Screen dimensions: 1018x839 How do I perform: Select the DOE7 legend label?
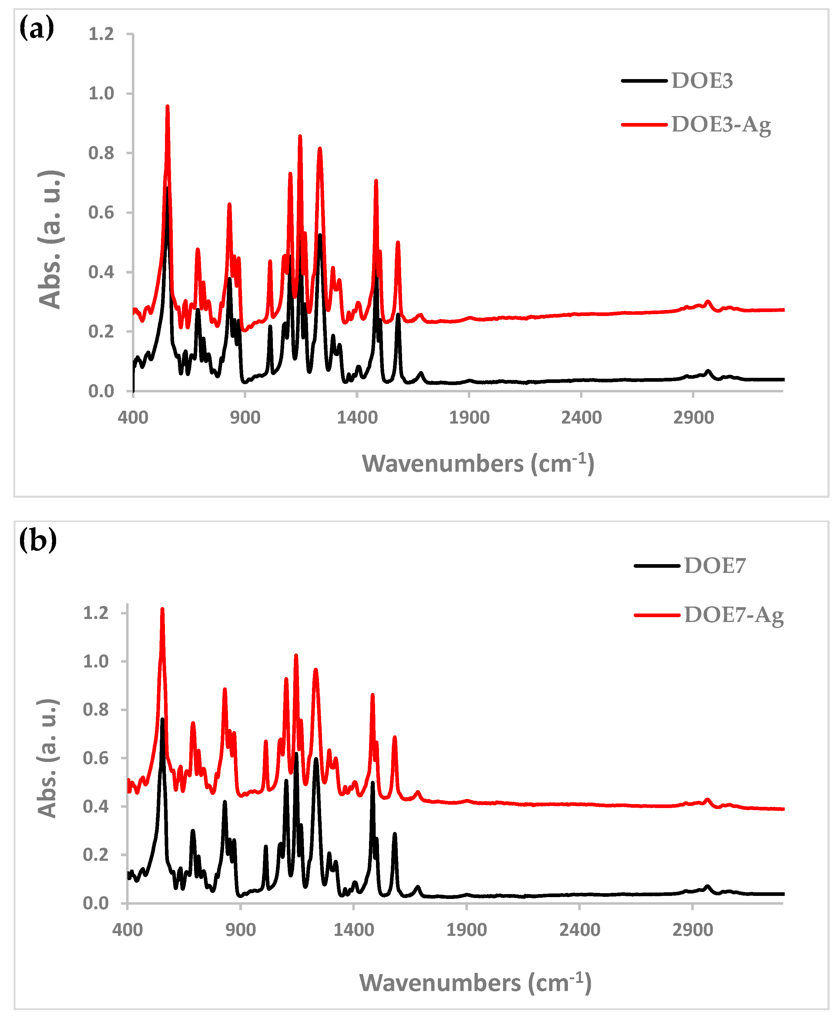pyautogui.click(x=715, y=565)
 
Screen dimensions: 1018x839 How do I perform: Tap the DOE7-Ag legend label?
pyautogui.click(x=734, y=615)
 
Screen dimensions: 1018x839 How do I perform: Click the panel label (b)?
pyautogui.click(x=38, y=540)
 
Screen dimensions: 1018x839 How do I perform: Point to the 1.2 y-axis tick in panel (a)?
pyautogui.click(x=101, y=34)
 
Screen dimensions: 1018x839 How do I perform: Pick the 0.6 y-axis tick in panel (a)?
pyautogui.click(x=101, y=212)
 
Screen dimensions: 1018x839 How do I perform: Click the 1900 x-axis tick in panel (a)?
pyautogui.click(x=469, y=417)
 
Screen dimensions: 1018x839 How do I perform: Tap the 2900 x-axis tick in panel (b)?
pyautogui.click(x=693, y=930)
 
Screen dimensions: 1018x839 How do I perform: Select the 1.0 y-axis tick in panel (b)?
pyautogui.click(x=96, y=661)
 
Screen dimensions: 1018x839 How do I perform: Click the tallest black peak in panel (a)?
pyautogui.click(x=167, y=188)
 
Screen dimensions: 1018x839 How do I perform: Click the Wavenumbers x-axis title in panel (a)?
pyautogui.click(x=478, y=464)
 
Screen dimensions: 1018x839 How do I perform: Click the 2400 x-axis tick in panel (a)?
pyautogui.click(x=581, y=417)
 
